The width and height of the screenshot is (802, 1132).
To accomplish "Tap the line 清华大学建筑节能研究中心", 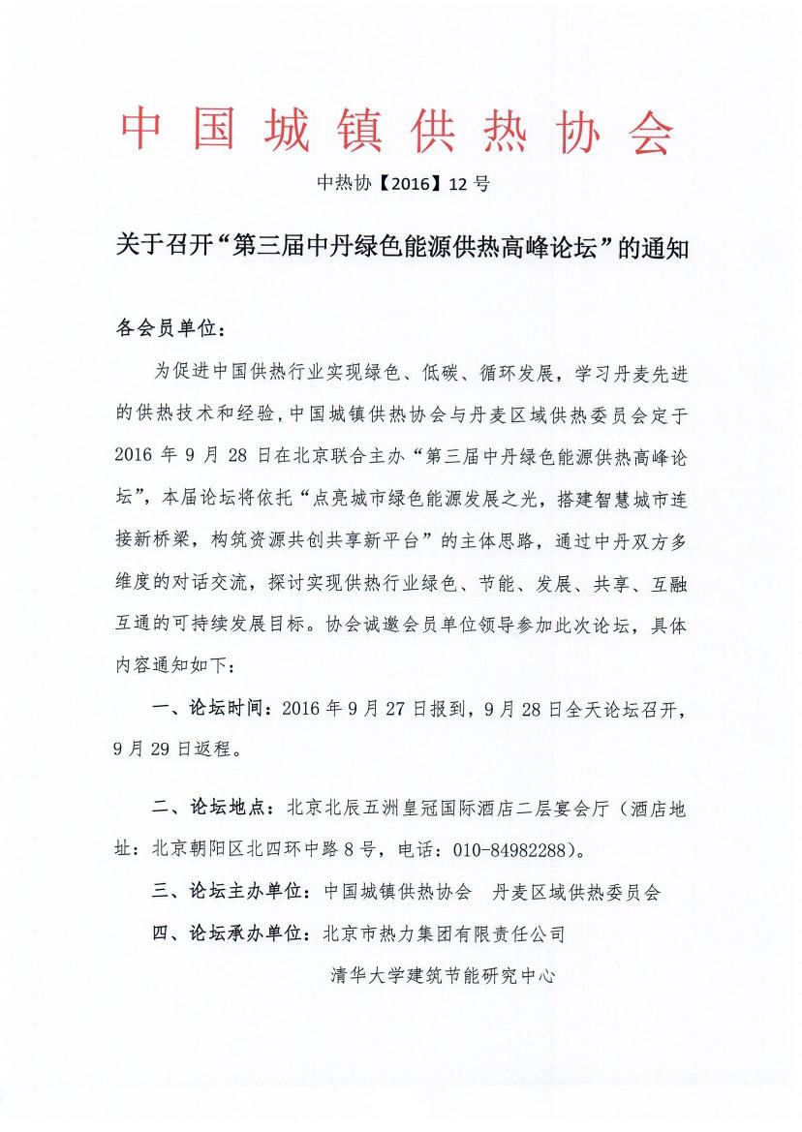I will tap(443, 976).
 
